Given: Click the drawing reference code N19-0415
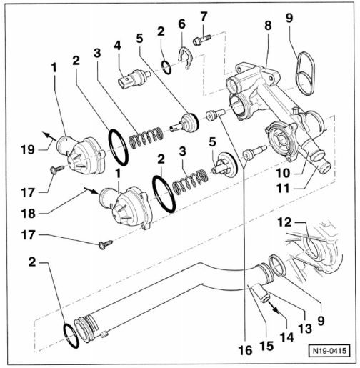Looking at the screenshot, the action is coord(329,350).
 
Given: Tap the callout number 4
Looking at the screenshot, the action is coord(117,45).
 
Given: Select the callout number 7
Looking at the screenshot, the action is coord(204,16).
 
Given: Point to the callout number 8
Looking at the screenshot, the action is coord(268,25).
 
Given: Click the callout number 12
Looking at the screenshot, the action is coord(284,222).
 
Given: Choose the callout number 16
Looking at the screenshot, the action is coord(246,350).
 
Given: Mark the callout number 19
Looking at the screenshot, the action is coord(28,149).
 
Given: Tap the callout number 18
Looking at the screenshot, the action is coord(28,214).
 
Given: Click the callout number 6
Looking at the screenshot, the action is coord(181,24).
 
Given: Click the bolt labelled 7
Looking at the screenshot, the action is coord(202,40).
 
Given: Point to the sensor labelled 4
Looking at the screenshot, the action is coord(134,78).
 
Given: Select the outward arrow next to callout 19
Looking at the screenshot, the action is coord(49,136).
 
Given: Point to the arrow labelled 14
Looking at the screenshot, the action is coord(274,307).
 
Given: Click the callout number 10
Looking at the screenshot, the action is coord(284,173).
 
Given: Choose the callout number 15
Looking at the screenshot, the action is coord(266,346).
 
